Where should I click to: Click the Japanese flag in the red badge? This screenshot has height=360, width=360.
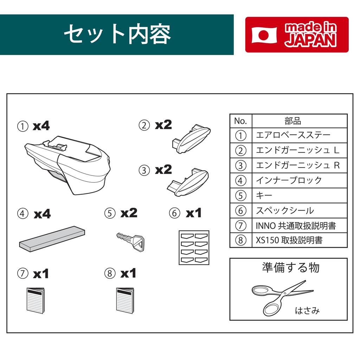[264, 35]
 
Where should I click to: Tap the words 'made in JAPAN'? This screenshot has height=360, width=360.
[311, 34]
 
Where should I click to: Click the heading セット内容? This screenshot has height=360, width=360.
[117, 34]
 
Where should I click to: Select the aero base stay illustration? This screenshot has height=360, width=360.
[67, 165]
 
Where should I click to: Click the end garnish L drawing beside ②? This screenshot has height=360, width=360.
[191, 139]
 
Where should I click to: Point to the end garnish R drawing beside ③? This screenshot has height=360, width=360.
[188, 182]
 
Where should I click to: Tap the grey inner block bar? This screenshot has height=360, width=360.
[52, 239]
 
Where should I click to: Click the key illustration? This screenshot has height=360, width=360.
[130, 241]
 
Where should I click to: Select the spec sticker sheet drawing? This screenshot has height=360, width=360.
[194, 247]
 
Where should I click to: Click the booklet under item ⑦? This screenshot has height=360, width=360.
[36, 300]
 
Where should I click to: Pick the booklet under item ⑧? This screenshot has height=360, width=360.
[125, 300]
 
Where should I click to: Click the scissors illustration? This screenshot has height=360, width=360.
[282, 297]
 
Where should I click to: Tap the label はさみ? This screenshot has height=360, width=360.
[307, 311]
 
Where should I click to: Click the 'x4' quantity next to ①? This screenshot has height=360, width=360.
[41, 126]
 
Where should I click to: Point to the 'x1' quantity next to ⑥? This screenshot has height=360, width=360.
[194, 213]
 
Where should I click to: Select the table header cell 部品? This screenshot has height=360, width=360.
[300, 121]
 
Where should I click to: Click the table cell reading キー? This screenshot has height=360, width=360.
[300, 195]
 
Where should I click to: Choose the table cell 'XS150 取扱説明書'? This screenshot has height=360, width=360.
[300, 240]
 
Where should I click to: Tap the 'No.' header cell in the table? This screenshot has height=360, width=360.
[241, 121]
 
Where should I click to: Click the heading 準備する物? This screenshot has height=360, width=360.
[291, 268]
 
